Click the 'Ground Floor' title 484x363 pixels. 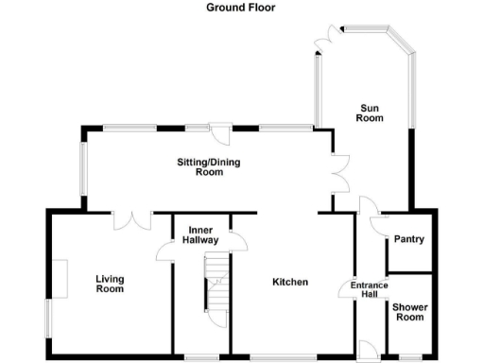coord(241,8)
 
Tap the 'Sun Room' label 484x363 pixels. coord(369,112)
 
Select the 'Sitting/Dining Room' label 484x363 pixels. coord(209,167)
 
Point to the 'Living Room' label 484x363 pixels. coord(110,284)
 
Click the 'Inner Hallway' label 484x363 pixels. coord(201,235)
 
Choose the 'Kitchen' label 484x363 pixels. coord(290,282)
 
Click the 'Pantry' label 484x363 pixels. coord(408,239)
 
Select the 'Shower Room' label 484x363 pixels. coord(408,311)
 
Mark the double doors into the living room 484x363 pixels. coord(132,219)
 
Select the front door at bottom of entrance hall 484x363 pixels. coord(364,347)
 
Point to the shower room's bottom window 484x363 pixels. coord(409,356)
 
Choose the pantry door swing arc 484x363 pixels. coord(377,224)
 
